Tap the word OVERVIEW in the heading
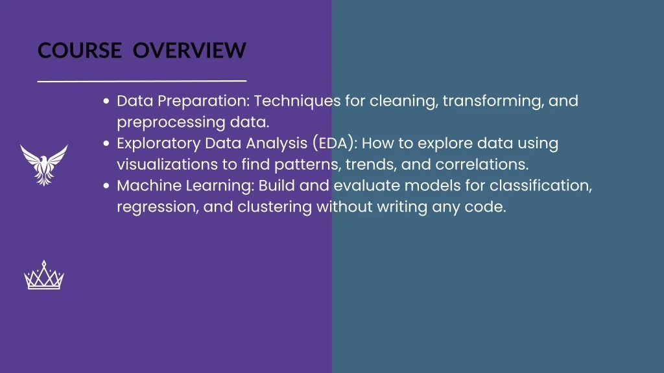click(189, 51)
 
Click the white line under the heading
click(142, 82)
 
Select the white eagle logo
click(44, 164)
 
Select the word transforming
click(493, 102)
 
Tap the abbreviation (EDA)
click(333, 143)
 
